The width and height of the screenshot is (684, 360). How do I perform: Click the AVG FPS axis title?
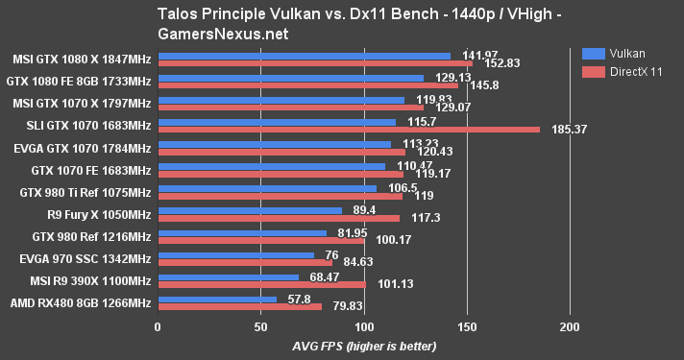pyautogui.click(x=363, y=345)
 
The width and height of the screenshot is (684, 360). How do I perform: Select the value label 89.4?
pyautogui.click(x=360, y=209)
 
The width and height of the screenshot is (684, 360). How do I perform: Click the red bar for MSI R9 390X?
pyautogui.click(x=261, y=284)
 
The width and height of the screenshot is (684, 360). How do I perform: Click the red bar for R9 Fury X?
pyautogui.click(x=278, y=218)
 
